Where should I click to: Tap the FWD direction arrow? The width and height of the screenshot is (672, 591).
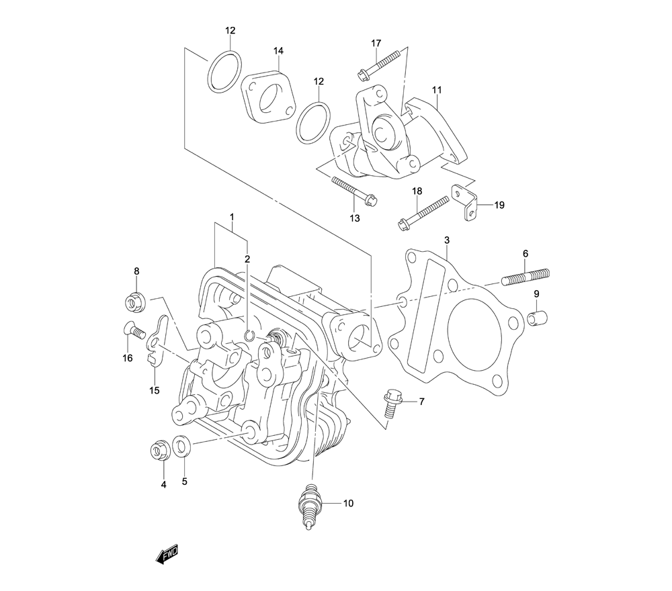coord(165,552)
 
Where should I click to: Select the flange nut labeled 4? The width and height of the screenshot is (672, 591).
coord(159,451)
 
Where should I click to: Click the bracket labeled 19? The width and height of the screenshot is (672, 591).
coord(468,204)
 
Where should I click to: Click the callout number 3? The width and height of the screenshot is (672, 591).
coord(447,240)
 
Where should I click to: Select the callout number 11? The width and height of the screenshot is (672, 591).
coord(437,89)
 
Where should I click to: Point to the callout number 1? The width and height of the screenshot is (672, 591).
coord(231,218)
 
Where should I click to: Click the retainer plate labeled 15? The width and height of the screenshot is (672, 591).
coord(157,343)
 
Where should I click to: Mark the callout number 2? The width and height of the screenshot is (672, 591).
coord(247,259)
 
